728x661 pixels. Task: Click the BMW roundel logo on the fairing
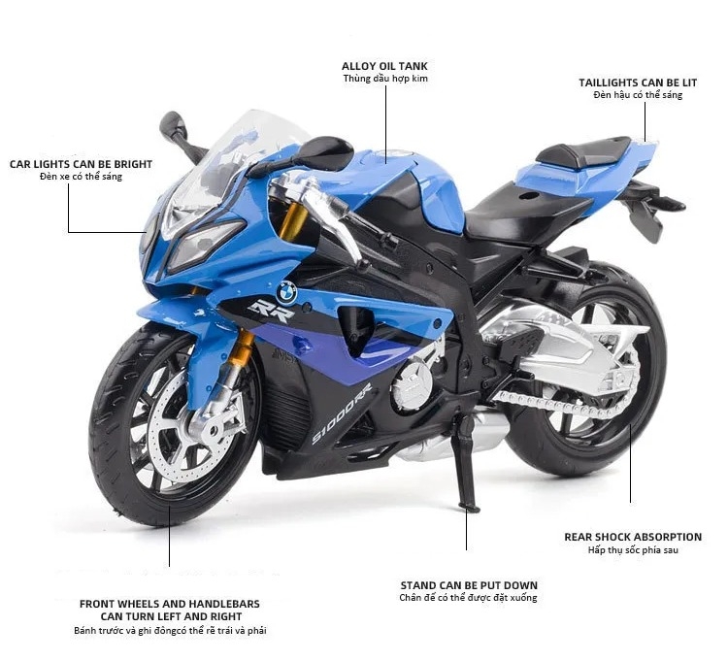click(x=285, y=289)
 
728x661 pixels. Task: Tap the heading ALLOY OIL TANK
click(x=384, y=66)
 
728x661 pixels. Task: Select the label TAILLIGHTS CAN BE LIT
click(x=638, y=83)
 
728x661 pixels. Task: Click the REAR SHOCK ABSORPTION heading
click(x=632, y=537)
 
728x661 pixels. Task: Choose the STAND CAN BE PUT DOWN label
click(x=468, y=585)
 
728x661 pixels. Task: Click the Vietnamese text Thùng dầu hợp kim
click(x=384, y=79)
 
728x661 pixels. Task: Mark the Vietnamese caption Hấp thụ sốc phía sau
click(x=632, y=550)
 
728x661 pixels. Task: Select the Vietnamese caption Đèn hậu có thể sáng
click(x=638, y=95)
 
